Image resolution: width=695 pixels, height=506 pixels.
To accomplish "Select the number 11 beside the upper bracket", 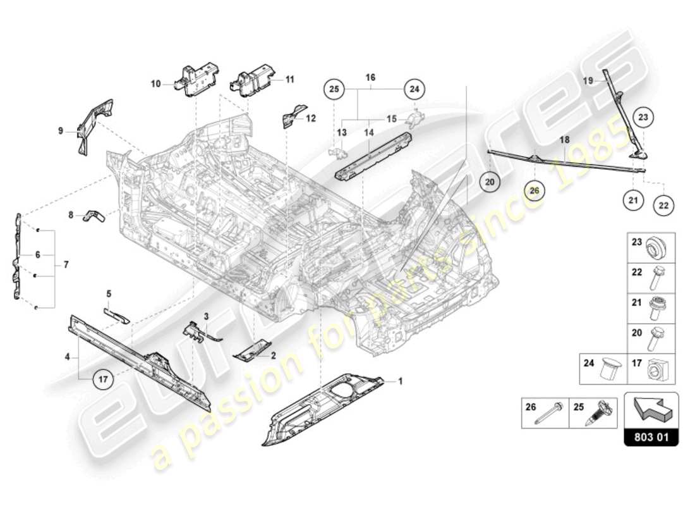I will [x=290, y=80].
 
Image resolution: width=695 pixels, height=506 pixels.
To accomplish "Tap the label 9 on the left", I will [x=61, y=132].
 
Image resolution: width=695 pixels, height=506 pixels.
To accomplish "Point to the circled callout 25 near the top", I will [x=334, y=90].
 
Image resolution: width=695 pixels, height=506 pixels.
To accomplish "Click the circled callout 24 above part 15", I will [x=414, y=90].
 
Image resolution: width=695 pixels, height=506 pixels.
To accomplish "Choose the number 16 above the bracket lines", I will [x=370, y=77].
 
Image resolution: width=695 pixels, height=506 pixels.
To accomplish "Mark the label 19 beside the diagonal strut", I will [x=587, y=81].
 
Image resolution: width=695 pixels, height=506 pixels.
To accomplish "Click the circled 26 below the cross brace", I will [x=535, y=190].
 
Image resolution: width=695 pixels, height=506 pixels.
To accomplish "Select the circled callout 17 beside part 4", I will [x=103, y=379].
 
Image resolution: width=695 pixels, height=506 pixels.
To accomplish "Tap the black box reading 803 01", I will [x=651, y=437].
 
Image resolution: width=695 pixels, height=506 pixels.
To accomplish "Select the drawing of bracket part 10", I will [x=198, y=81].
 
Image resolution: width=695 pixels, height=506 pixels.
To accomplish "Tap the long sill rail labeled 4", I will [x=139, y=361].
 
